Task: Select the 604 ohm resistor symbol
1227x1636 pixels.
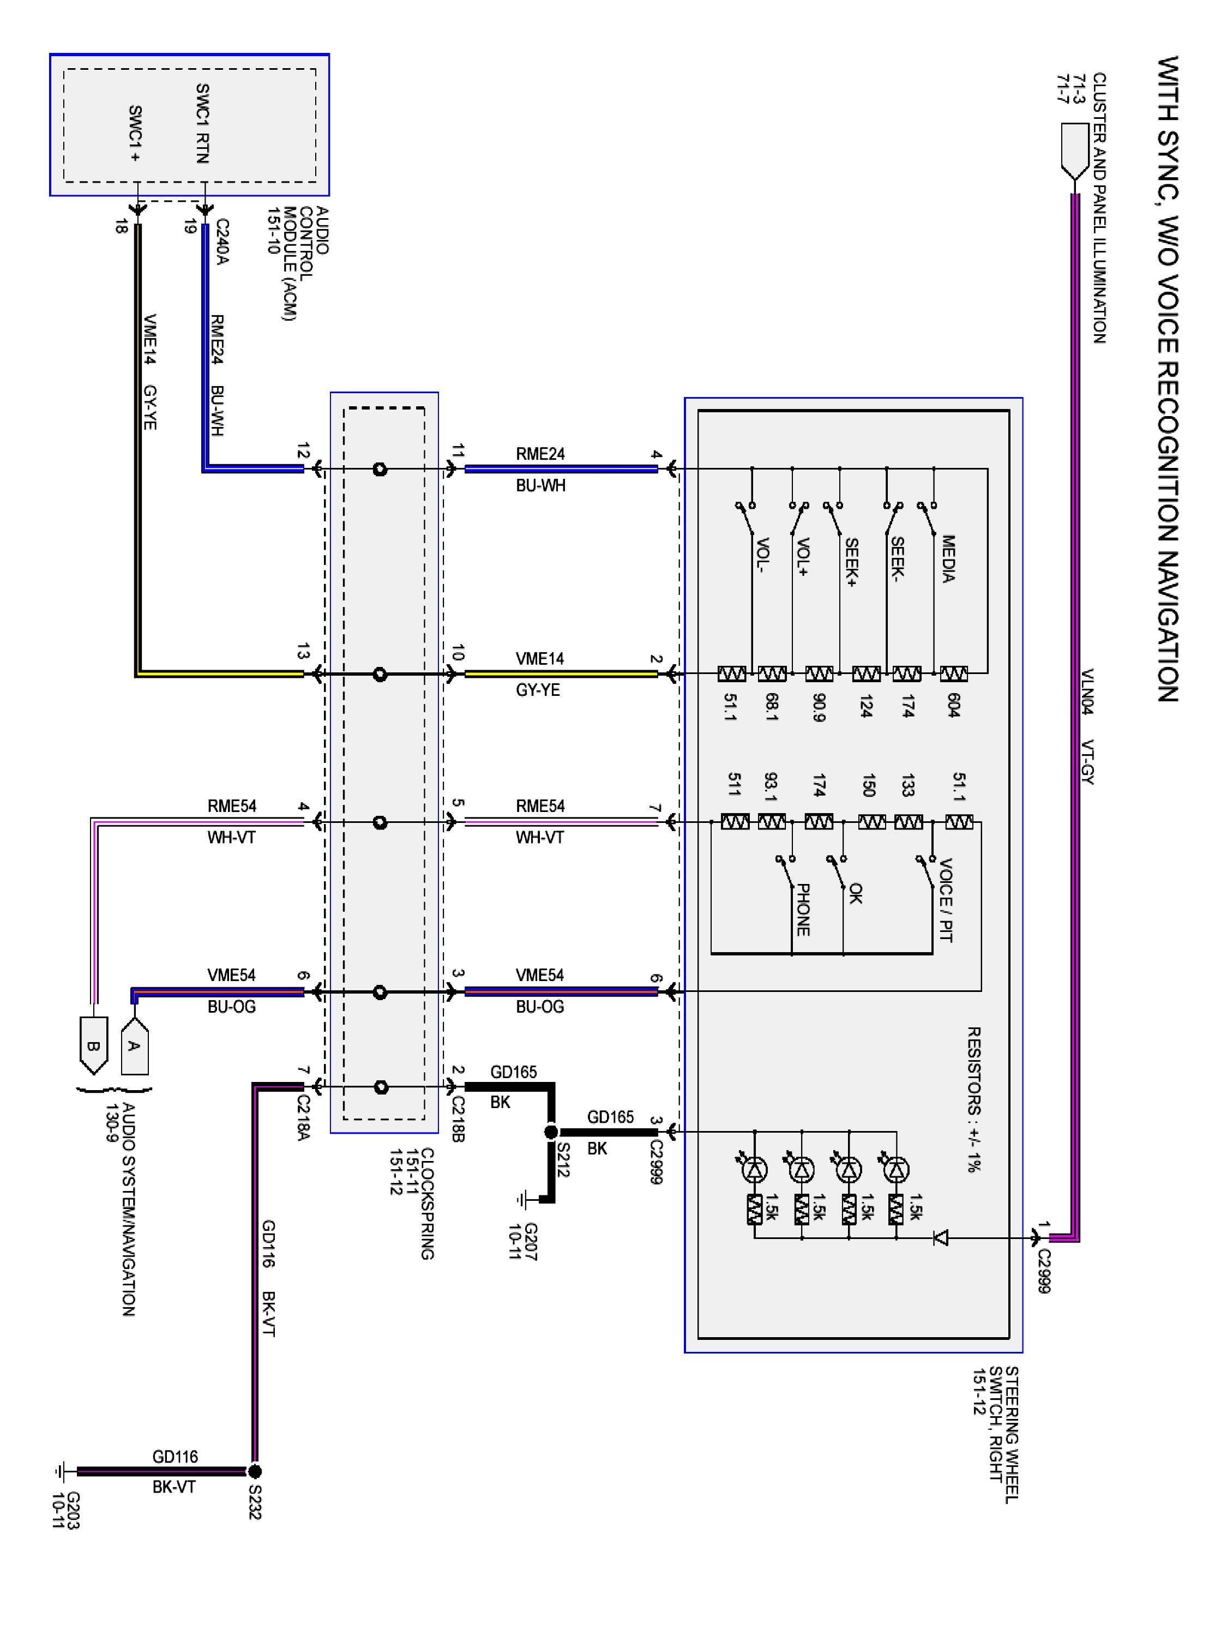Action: [x=953, y=674]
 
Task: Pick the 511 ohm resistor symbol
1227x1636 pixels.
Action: [x=735, y=822]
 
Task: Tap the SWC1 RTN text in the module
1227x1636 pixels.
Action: [x=202, y=123]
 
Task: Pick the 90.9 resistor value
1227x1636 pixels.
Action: [x=819, y=706]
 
